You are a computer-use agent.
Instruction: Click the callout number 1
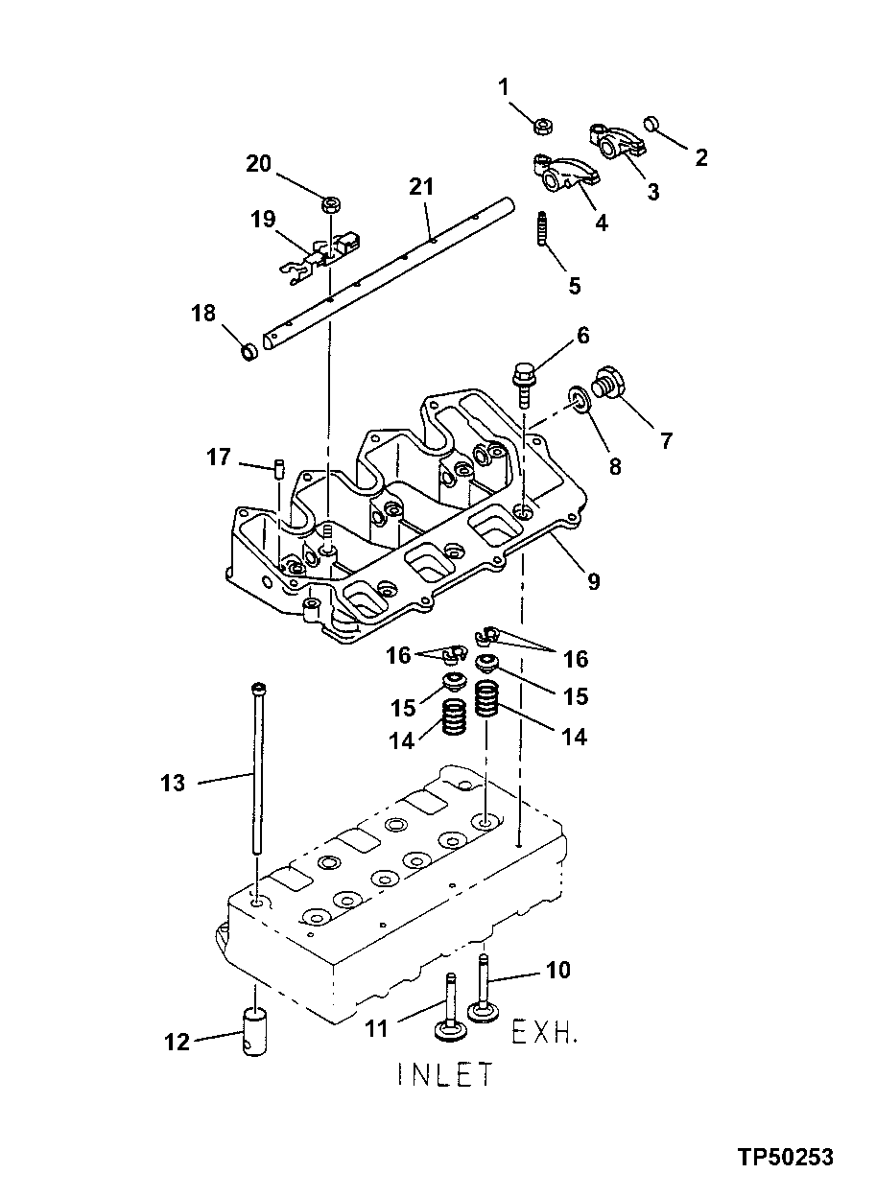tap(503, 88)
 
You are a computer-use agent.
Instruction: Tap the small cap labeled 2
tap(653, 123)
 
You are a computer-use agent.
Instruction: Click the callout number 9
tap(593, 581)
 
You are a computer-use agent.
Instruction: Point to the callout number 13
tap(172, 784)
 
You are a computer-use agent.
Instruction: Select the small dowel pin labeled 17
tap(279, 467)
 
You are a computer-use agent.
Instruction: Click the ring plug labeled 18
tap(249, 352)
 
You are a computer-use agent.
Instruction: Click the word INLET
tap(444, 1074)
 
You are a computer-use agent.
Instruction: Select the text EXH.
tap(544, 1033)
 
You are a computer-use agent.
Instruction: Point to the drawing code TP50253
tap(785, 1158)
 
